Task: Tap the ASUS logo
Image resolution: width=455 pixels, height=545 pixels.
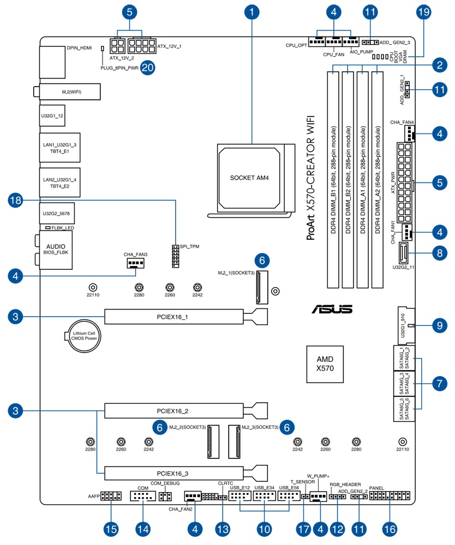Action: click(332, 309)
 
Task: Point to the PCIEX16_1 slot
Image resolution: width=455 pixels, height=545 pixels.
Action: click(174, 316)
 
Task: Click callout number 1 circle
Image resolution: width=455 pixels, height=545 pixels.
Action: click(252, 11)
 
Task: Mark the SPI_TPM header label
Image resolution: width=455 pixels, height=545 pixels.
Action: click(189, 246)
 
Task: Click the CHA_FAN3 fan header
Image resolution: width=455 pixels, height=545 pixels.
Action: click(135, 264)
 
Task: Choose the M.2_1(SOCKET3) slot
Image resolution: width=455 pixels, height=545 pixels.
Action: click(261, 279)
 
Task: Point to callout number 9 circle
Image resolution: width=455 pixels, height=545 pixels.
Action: click(439, 325)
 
